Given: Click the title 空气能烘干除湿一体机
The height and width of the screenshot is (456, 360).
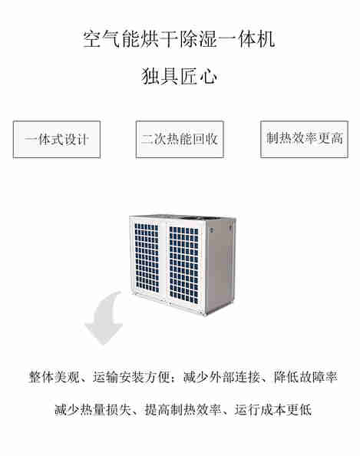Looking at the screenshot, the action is pos(179,39).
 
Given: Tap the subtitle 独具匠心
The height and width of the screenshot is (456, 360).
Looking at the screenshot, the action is pos(180,76).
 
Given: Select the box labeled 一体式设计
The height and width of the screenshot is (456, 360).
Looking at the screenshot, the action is pos(57,140).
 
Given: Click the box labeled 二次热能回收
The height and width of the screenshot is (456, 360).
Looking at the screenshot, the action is pos(180,139).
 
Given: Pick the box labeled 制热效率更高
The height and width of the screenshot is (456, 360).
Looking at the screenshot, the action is pos(304,139).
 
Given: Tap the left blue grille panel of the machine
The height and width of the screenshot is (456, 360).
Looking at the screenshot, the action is pos(147,258).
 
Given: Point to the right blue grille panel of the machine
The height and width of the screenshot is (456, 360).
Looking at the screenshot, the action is pos(183,265).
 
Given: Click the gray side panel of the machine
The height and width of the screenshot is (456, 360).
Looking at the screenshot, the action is pos(220,265).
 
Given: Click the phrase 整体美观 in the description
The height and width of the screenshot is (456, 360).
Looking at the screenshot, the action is pos(54,377).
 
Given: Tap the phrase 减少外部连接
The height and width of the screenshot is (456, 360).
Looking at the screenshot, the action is pos(222,377).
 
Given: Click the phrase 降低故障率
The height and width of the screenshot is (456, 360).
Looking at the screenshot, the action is pos(306,377).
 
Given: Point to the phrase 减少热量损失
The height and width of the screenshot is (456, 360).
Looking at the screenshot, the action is pos(93,410).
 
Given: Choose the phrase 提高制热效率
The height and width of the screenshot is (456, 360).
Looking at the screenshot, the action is pos(183,410).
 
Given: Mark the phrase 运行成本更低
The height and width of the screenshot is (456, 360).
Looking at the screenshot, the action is pos(273,410).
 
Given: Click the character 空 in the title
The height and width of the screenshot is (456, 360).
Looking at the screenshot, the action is pos(92,39).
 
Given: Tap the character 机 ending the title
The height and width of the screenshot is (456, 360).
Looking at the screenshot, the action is pos(266,39).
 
